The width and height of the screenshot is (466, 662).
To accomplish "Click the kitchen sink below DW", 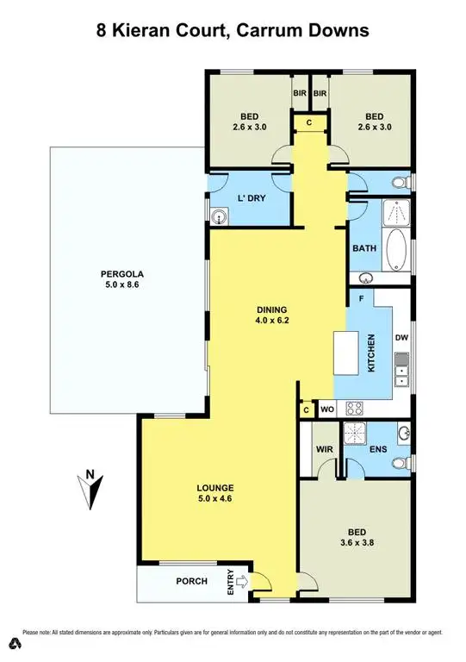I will click(401, 375).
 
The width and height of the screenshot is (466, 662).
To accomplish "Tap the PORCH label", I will click(191, 581).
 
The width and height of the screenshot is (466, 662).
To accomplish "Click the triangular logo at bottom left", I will click(15, 643).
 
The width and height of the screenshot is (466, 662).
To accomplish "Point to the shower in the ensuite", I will click(355, 434).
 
